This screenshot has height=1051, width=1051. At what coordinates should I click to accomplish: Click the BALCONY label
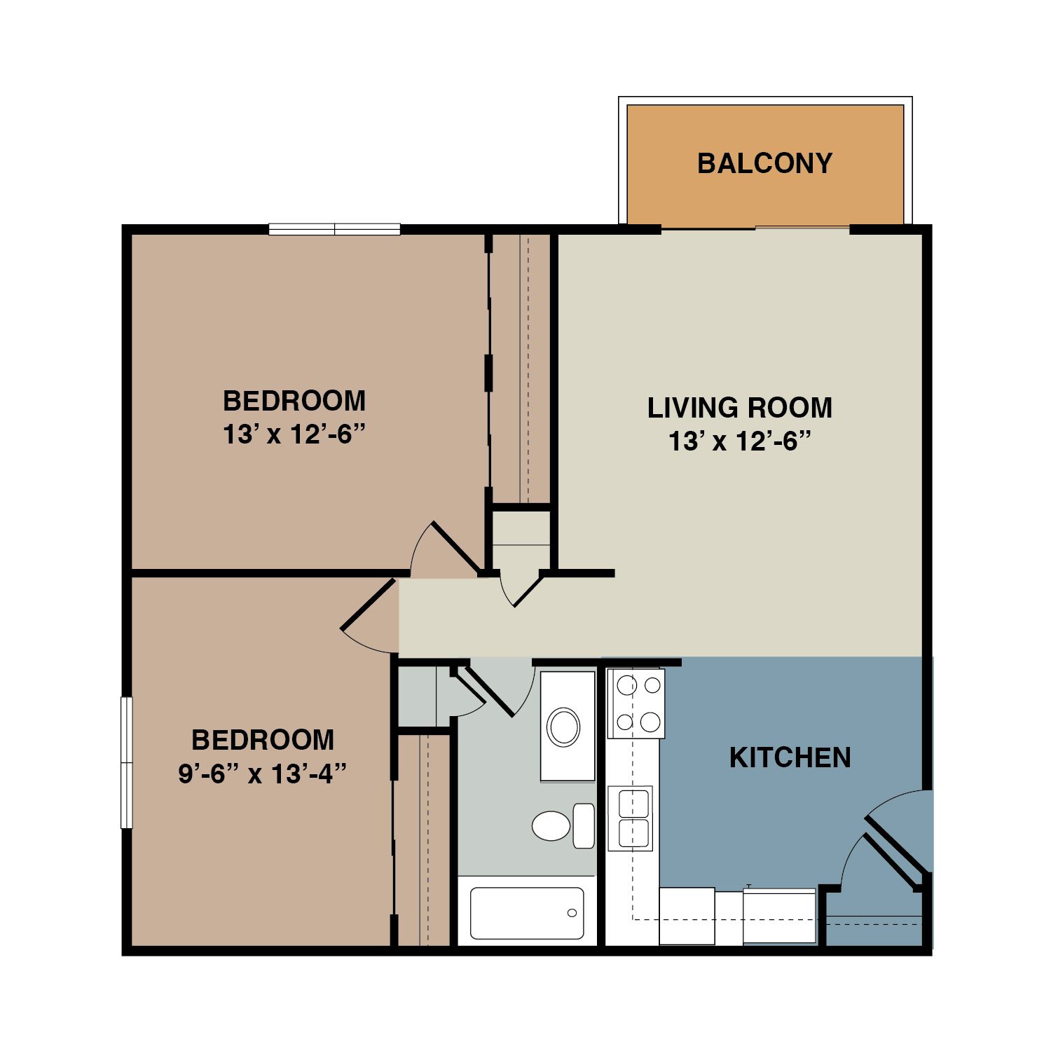[x=764, y=163]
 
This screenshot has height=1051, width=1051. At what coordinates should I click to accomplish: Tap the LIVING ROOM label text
[x=739, y=408]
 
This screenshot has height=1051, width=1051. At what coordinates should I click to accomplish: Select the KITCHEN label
[x=790, y=757]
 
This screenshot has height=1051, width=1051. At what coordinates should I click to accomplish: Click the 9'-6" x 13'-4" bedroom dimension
[x=263, y=774]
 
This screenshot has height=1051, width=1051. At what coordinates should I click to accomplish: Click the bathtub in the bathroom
[x=527, y=913]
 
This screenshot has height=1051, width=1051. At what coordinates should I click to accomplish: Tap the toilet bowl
[x=551, y=825]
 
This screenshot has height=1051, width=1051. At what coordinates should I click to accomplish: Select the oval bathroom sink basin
[x=563, y=727]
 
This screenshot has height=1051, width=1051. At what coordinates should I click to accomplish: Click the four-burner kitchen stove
[x=636, y=703]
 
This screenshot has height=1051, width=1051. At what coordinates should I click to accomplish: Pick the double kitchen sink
[x=631, y=818]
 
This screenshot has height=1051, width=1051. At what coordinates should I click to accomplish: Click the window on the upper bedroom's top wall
[x=334, y=229]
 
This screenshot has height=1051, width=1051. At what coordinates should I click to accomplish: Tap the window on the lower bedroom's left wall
[x=127, y=762]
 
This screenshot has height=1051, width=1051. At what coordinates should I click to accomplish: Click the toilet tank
[x=584, y=825]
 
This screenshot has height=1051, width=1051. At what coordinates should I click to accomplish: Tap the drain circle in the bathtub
[x=572, y=913]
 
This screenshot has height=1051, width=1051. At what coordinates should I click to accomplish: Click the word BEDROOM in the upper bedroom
[x=294, y=401]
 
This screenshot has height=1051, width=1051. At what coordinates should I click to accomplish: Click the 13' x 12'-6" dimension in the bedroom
[x=294, y=435]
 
